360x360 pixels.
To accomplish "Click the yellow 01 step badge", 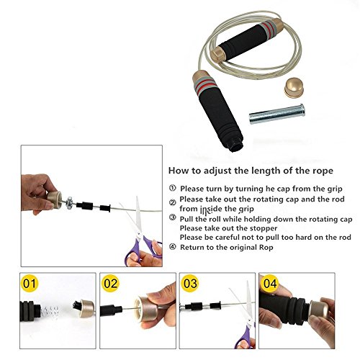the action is [30, 283].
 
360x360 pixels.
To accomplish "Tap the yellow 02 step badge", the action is [110, 283].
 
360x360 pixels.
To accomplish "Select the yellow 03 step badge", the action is [190, 283].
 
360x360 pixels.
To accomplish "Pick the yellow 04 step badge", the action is [270, 283].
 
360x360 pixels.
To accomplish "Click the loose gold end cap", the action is [294, 88].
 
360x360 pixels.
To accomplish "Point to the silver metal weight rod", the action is [277, 114].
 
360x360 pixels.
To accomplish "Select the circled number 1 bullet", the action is [172, 188].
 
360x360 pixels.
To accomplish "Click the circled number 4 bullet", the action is [172, 247].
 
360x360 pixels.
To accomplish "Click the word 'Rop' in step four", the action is [266, 248].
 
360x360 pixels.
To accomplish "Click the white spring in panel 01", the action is [50, 312].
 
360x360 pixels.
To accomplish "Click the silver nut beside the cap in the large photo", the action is [69, 203].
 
